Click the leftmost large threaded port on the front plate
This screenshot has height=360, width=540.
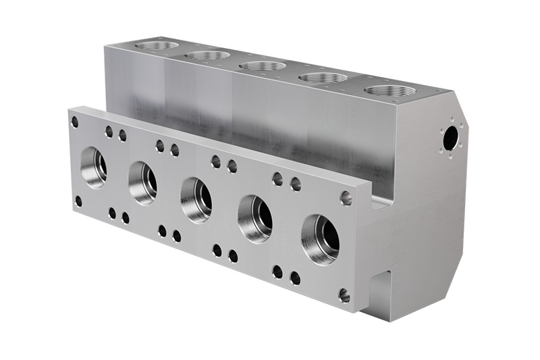[94, 167]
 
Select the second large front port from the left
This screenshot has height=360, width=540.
[143, 183]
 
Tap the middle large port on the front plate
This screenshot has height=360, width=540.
[196, 201]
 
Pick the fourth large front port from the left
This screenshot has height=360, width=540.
[255, 219]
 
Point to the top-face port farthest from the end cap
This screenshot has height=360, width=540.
[157, 45]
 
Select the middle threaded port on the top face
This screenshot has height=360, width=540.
[263, 66]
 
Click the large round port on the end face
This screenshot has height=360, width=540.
[450, 139]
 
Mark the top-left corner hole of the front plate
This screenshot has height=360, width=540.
[75, 122]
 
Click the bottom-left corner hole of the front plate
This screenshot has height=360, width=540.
[78, 201]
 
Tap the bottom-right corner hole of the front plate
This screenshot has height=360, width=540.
[344, 295]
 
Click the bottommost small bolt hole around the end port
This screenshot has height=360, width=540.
[449, 156]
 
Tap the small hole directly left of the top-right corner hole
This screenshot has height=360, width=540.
[296, 184]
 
